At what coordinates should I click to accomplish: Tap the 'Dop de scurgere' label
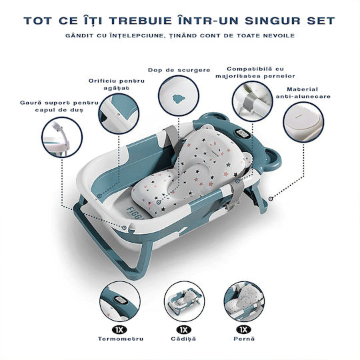[x=179, y=70]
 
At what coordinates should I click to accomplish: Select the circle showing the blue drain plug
[x=179, y=95]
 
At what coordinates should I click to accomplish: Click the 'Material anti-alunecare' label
[x=303, y=93]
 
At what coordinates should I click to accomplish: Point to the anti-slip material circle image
[x=303, y=123]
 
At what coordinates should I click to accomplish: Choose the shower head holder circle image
[x=62, y=137]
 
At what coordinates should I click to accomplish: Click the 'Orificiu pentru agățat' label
[x=117, y=84]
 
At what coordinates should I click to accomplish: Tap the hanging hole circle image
[x=119, y=113]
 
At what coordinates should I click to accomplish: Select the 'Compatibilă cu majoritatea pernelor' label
[x=255, y=72]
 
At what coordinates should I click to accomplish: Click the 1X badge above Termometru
[x=119, y=330]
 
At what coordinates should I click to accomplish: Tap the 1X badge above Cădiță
[x=184, y=330]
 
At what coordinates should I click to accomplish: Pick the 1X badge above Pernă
[x=244, y=330]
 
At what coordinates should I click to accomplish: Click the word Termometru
[x=121, y=339]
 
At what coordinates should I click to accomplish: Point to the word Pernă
[x=244, y=339]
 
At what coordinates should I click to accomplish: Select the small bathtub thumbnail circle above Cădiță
[x=184, y=301]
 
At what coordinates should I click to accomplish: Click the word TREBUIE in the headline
[x=140, y=21]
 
